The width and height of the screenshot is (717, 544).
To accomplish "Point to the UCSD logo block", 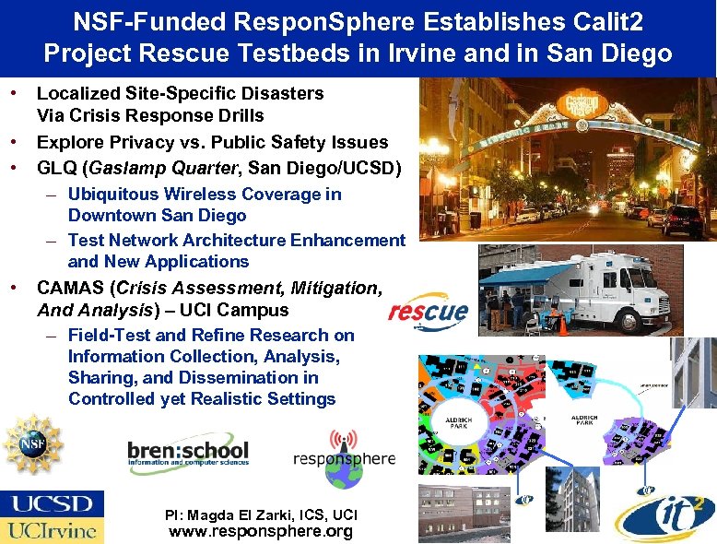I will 52,504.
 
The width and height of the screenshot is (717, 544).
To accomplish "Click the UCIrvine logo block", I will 52,530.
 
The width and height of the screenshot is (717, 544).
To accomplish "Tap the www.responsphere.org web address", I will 261,532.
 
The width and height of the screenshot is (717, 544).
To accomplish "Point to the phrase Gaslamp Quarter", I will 171,168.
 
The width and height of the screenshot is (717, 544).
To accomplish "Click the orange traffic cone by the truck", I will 562,325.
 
